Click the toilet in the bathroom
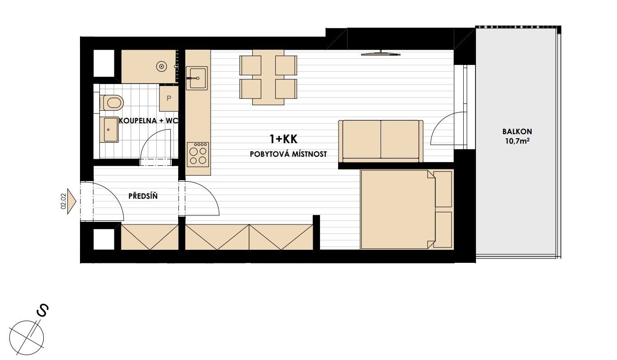coord(112,103)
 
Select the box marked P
coord(169,98)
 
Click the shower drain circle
coord(161,66)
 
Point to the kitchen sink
coord(197,78)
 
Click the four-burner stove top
coord(198,154)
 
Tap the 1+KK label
coord(283,139)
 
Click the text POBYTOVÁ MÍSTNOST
coord(288,154)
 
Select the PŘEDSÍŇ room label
coord(143,196)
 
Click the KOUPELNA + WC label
coord(148,121)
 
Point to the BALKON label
coord(517,131)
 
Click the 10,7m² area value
coord(518,141)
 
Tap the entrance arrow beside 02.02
coord(71,201)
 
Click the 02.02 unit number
coord(63,201)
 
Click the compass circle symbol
coord(27,338)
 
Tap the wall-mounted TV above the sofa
coord(381,53)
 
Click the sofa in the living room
coord(381,141)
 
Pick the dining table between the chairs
coord(268,77)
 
